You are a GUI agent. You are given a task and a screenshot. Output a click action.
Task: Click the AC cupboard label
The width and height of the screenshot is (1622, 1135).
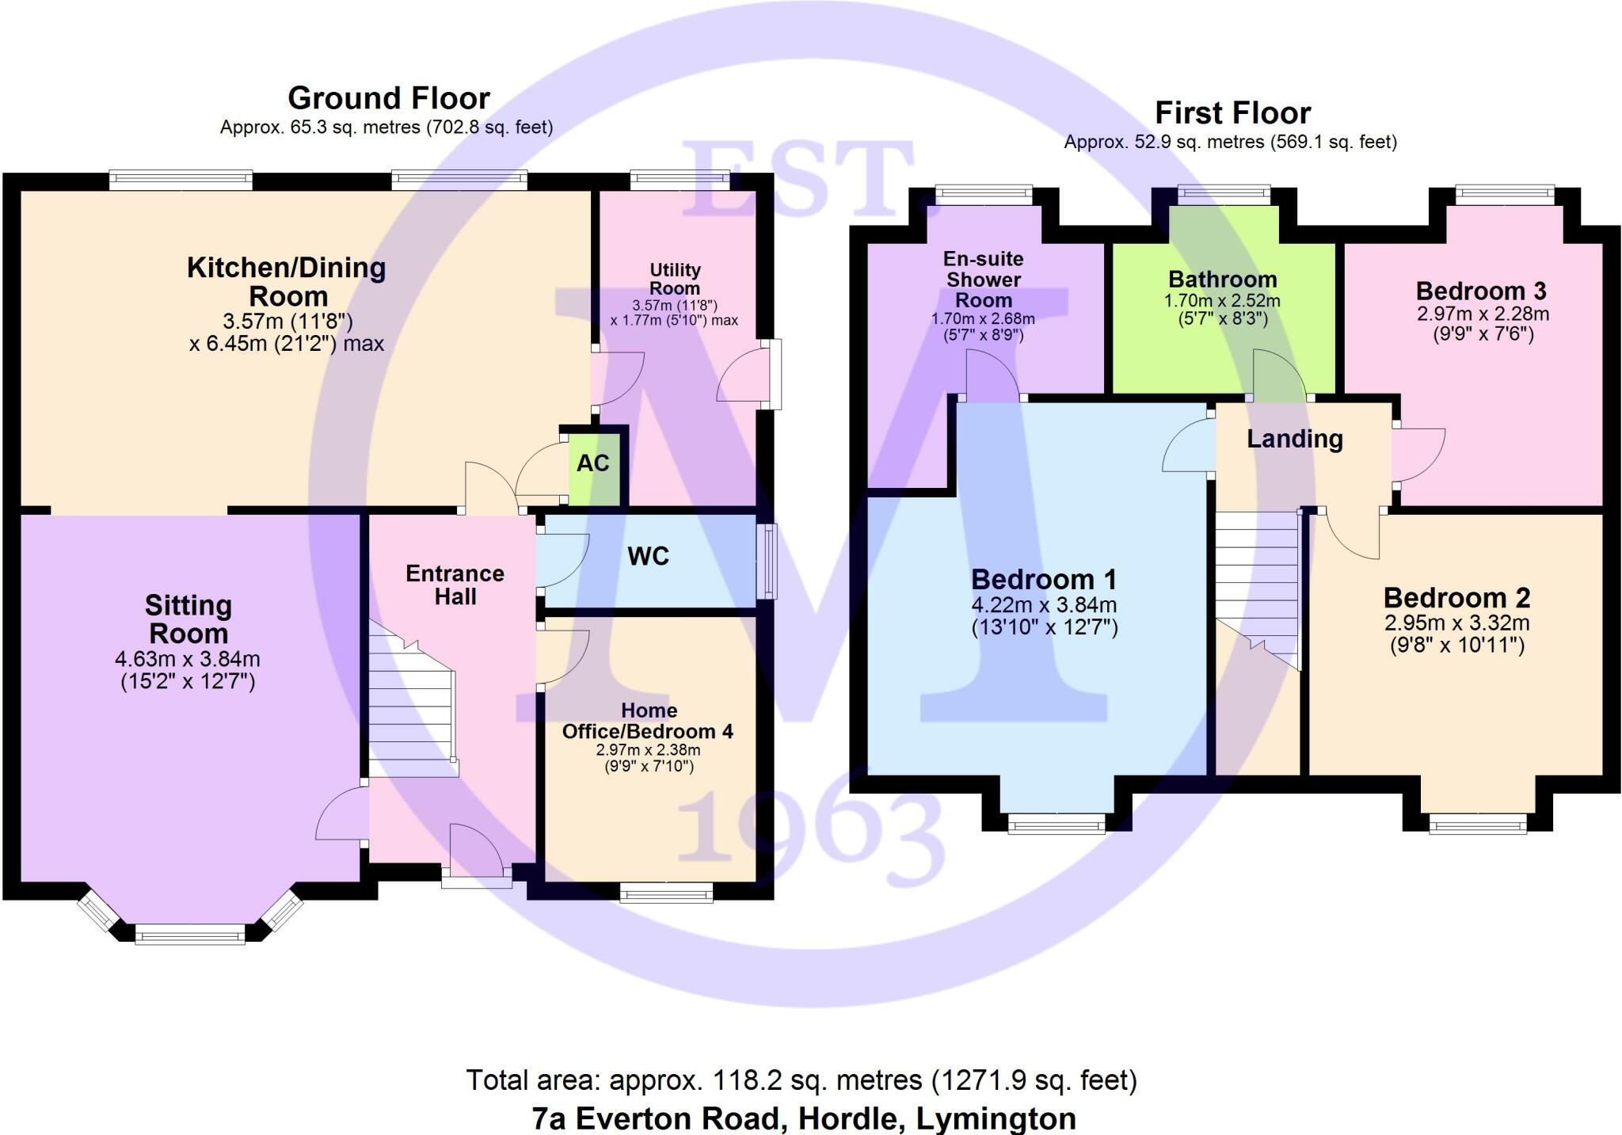click(x=592, y=463)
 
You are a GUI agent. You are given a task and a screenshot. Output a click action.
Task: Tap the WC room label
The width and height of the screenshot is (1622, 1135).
click(x=648, y=557)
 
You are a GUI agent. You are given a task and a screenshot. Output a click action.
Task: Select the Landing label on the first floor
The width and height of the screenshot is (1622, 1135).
click(x=1295, y=439)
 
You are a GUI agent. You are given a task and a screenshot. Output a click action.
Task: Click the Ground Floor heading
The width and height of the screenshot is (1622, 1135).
click(x=389, y=98)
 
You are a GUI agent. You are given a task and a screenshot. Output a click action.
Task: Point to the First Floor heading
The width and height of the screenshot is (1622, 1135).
click(x=1232, y=113)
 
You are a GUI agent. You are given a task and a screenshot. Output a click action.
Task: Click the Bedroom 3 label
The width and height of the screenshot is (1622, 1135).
click(x=1480, y=291)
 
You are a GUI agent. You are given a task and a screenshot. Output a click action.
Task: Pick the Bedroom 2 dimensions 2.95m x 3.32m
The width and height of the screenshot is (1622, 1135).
click(x=1457, y=623)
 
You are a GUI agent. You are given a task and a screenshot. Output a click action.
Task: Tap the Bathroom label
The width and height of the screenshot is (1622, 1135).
click(x=1222, y=279)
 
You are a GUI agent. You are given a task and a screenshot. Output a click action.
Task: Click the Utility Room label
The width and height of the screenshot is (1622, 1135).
click(x=675, y=279)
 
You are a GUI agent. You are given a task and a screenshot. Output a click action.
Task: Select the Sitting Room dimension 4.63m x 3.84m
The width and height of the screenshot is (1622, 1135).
click(x=188, y=659)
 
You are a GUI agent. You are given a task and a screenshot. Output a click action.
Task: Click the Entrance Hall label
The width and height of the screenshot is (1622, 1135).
click(x=455, y=585)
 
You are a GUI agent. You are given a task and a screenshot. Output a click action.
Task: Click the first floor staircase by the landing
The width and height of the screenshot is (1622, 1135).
click(x=1258, y=586)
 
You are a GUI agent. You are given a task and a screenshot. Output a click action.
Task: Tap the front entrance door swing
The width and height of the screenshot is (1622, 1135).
click(x=475, y=849)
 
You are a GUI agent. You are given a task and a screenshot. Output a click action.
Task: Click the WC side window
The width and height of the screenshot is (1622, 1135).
click(x=767, y=561)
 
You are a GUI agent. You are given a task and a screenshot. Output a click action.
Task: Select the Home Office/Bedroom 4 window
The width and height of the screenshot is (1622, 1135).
click(x=666, y=893)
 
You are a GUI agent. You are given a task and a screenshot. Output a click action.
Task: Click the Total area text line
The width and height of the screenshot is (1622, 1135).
click(x=801, y=1080)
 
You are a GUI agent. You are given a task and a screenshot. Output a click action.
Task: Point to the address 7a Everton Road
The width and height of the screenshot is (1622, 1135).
click(x=804, y=1118)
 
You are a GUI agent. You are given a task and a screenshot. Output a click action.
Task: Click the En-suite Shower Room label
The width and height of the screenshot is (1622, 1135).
click(x=983, y=280)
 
